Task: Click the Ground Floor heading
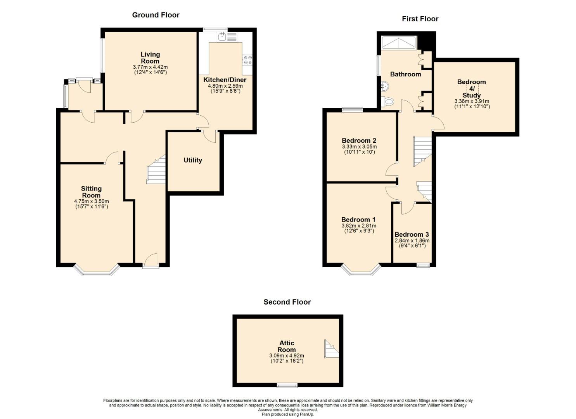pyautogui.click(x=156, y=15)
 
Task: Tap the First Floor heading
pyautogui.click(x=420, y=19)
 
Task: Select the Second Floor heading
pyautogui.click(x=287, y=302)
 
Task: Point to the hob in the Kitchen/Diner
pyautogui.click(x=248, y=60)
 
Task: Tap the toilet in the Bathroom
pyautogui.click(x=387, y=101)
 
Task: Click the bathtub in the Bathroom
pyautogui.click(x=399, y=43)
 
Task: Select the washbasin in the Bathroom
pyautogui.click(x=385, y=86)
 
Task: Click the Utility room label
pyautogui.click(x=193, y=160)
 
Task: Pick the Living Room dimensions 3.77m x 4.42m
pyautogui.click(x=150, y=67)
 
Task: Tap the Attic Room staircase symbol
pyautogui.click(x=332, y=349)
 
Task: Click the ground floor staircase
pyautogui.click(x=156, y=169)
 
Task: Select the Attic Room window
pyautogui.click(x=287, y=385)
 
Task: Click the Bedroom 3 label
pyautogui.click(x=412, y=235)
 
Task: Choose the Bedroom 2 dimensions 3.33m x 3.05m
pyautogui.click(x=359, y=147)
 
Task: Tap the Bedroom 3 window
pyautogui.click(x=423, y=265)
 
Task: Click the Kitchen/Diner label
pyautogui.click(x=225, y=80)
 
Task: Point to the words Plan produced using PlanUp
pyautogui.click(x=288, y=414)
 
